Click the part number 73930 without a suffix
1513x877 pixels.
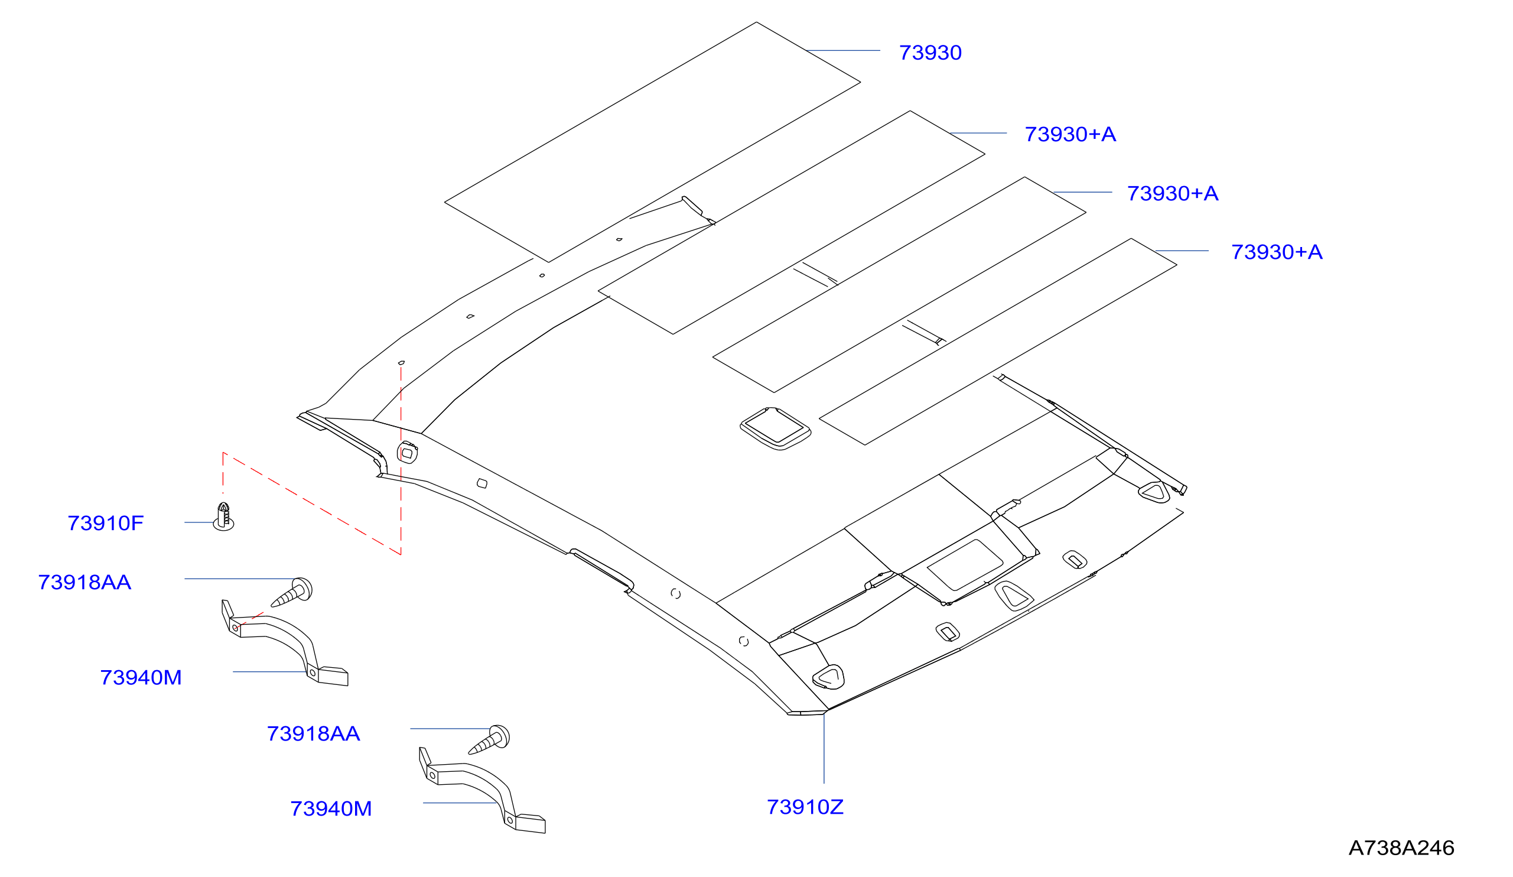930,53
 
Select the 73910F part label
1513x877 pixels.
106,523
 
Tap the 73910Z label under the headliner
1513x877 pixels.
805,807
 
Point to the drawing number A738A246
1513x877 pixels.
1401,848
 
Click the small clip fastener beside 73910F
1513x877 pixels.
223,517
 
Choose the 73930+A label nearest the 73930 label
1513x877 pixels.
1070,135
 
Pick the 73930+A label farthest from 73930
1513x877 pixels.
1277,252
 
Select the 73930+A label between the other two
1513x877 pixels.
1173,193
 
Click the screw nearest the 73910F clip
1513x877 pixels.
292,592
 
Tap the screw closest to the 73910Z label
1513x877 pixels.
489,740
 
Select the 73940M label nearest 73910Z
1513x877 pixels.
331,809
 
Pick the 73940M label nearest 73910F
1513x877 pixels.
141,678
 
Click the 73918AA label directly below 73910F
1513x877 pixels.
84,583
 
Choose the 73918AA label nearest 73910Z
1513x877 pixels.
313,734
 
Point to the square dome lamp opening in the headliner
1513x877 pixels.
775,429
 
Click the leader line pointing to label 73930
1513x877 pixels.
843,50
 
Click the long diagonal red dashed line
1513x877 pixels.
312,504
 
